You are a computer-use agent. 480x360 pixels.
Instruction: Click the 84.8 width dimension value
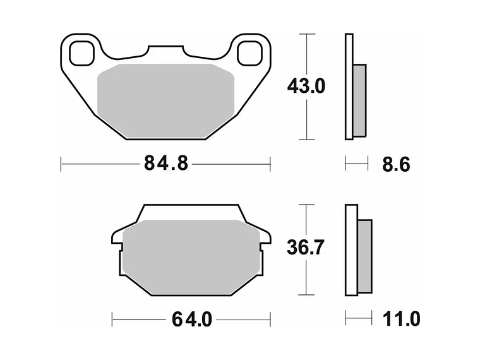[x=166, y=164]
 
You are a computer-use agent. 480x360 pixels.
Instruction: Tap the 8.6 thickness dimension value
[x=396, y=165]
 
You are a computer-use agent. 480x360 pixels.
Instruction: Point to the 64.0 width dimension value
[x=191, y=320]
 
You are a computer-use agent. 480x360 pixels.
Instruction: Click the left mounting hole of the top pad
[x=80, y=52]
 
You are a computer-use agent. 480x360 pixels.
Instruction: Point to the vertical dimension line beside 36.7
[x=306, y=278]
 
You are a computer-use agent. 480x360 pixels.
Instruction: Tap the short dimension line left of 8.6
[x=356, y=164]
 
